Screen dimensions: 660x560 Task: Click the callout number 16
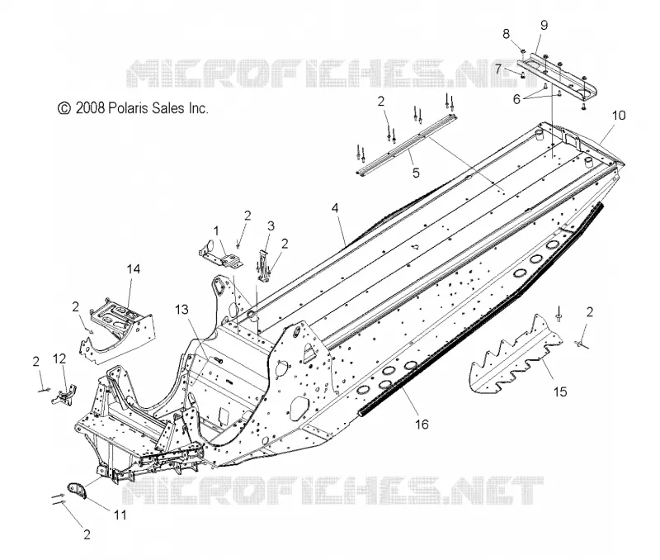point(422,424)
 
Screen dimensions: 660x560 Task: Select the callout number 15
point(560,392)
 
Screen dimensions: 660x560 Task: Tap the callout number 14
point(134,268)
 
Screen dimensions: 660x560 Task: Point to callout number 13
point(181,310)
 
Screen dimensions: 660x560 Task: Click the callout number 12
point(59,358)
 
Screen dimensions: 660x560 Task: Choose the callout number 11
point(120,515)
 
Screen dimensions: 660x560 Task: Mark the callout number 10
point(618,115)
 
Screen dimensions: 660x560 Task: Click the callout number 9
point(544,25)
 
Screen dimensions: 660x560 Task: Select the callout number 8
point(506,34)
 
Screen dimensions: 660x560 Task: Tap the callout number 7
point(498,69)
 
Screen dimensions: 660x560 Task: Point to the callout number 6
point(517,99)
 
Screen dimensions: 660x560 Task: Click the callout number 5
point(416,173)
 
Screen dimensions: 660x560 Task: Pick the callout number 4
point(335,208)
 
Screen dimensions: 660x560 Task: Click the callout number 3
point(271,225)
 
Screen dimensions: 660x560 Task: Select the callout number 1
point(216,231)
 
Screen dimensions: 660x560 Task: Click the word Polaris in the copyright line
point(125,108)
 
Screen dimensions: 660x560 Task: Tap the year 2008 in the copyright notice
point(90,108)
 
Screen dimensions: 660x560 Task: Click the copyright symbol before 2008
point(64,108)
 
